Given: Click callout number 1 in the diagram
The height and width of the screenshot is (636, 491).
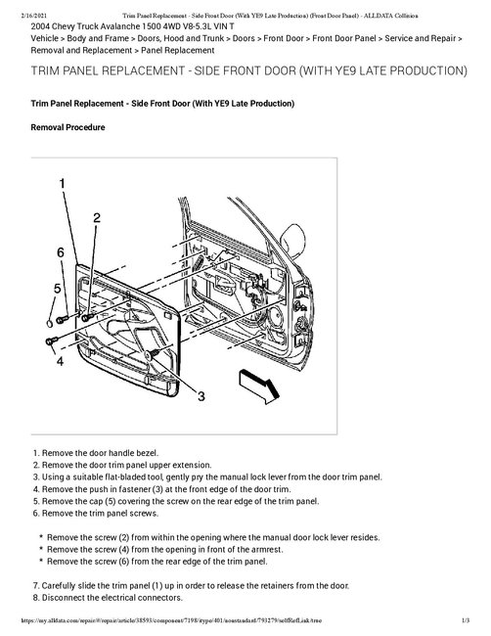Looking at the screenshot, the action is (x=62, y=183).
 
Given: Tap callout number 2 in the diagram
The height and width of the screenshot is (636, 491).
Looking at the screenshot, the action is (x=97, y=218).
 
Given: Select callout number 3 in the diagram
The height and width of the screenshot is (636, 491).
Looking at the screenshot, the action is (x=201, y=395).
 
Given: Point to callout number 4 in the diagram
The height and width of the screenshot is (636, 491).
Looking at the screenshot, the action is (x=60, y=361).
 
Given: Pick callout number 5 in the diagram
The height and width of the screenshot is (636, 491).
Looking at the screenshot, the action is (x=57, y=289).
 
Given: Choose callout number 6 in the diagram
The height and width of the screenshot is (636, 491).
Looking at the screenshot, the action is (x=61, y=252).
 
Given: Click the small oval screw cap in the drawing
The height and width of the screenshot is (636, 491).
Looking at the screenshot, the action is (x=49, y=324).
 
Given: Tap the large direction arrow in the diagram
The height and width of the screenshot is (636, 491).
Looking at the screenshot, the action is (x=259, y=386).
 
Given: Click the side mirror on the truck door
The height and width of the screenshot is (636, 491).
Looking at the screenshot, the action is (x=292, y=241).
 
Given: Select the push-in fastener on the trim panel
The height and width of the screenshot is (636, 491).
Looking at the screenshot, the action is (x=153, y=354).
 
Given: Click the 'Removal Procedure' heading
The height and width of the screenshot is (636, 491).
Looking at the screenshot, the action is (x=67, y=127).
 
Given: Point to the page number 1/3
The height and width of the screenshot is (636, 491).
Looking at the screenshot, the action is (x=466, y=620).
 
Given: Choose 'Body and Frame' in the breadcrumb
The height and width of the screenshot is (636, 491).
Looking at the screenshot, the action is (x=98, y=38).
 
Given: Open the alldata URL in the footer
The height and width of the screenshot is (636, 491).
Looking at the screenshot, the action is (x=172, y=620).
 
